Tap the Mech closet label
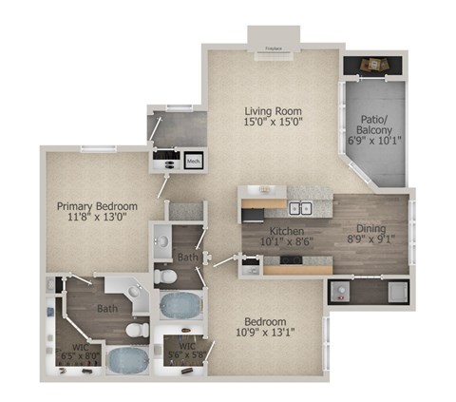(x=193, y=161)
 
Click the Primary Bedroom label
(x=97, y=206)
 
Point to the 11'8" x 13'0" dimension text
(x=97, y=218)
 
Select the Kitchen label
(x=285, y=232)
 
